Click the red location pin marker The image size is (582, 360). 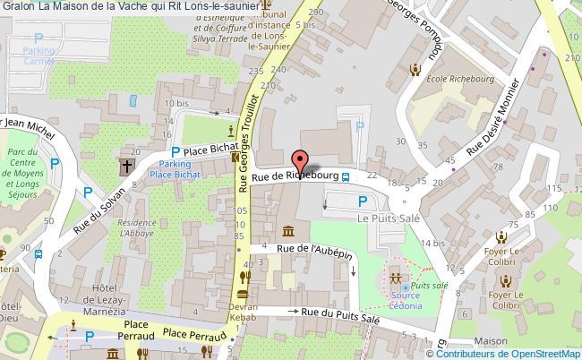click(301, 160)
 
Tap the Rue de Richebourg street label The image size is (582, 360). click(295, 176)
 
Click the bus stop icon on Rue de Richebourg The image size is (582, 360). click(346, 177)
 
